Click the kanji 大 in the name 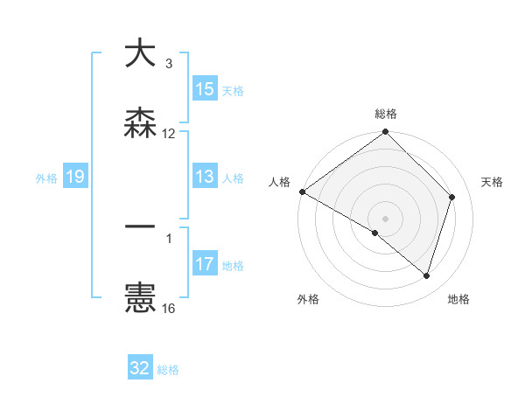140,54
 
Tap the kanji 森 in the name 140,123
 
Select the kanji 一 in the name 140,226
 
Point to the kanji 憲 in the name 140,298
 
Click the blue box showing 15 205,89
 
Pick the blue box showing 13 205,178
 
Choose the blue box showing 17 205,264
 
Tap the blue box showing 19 75,178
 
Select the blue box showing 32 140,368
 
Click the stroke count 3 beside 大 168,64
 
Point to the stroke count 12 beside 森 169,134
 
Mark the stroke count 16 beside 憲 169,309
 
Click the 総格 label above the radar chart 386,114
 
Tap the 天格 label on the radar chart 492,182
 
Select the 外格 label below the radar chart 308,299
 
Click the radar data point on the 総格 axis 386,133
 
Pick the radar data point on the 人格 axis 302,192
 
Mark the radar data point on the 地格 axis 427,275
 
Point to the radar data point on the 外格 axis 375,233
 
